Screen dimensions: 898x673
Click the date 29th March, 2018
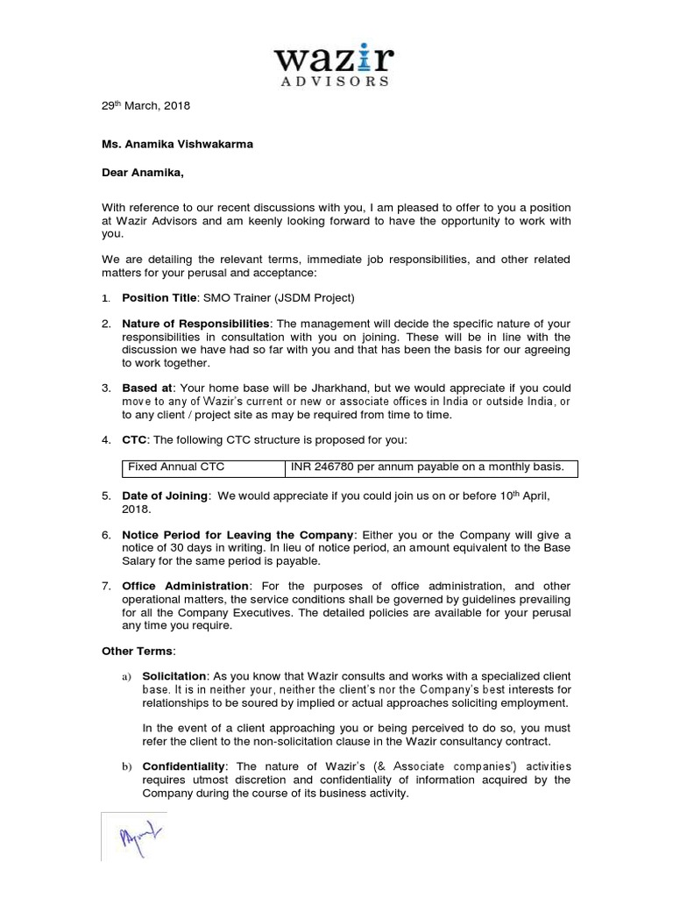[x=143, y=106]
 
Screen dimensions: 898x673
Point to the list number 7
[x=105, y=586]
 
